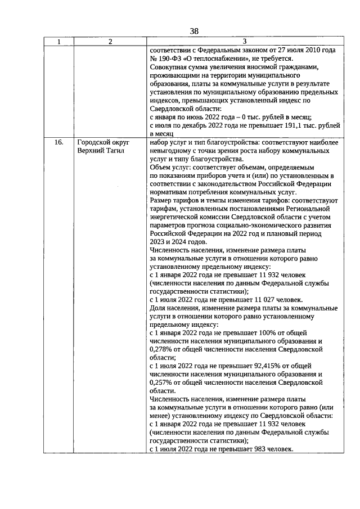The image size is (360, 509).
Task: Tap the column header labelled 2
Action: click(110, 42)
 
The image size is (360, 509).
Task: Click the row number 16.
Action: click(58, 143)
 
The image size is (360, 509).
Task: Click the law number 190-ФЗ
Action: click(172, 58)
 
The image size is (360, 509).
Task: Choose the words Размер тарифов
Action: click(175, 200)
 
